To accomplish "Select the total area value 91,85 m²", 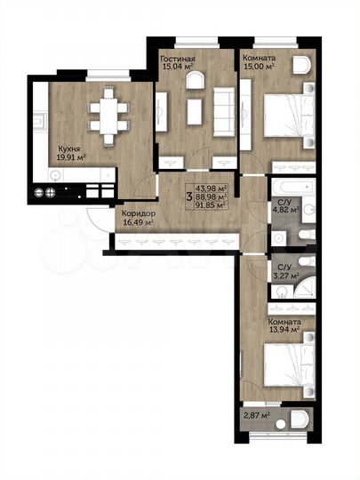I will click(x=212, y=204).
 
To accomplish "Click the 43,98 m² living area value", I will click(x=212, y=188).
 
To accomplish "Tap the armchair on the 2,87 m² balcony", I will click(x=300, y=419).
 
